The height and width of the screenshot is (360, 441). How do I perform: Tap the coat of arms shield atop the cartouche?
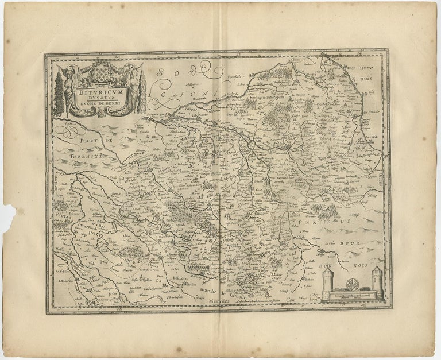102,73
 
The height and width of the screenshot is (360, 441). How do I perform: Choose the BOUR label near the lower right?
349,243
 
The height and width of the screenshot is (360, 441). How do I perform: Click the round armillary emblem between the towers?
352,284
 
